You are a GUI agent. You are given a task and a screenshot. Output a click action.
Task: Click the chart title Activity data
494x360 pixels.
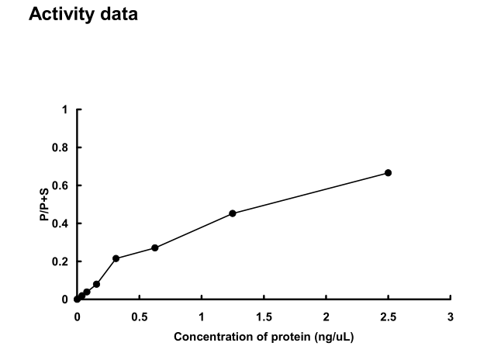point(83,14)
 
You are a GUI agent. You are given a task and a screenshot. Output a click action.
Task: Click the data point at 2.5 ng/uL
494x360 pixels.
point(388,173)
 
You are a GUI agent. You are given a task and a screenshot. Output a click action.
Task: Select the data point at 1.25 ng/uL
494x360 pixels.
point(233,213)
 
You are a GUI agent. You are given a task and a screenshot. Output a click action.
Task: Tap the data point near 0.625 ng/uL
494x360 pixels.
point(155,247)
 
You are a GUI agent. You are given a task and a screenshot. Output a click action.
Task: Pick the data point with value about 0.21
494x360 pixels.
point(116,258)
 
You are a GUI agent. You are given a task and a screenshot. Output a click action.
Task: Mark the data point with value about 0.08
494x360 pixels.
point(96,284)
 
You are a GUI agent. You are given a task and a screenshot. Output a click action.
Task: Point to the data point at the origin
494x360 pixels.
point(77,299)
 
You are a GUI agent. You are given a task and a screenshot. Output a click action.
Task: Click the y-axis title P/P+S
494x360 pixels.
point(44,204)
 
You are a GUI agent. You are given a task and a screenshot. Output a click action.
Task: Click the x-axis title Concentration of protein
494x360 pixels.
point(264,337)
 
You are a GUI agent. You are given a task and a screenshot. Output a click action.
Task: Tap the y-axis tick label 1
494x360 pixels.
point(65,109)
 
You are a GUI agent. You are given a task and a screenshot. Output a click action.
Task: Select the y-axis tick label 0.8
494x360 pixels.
point(61,147)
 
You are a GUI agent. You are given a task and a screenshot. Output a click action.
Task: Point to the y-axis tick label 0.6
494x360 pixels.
point(61,185)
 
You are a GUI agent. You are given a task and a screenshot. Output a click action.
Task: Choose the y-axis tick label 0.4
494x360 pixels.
point(61,223)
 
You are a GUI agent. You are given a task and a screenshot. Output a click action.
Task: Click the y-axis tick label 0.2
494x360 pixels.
point(61,261)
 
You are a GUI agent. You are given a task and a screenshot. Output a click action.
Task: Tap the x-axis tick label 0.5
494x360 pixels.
point(139,317)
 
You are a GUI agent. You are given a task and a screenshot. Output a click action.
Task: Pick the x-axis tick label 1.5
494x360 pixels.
point(264,317)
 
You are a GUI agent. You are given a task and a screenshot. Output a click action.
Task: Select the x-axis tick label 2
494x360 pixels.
point(326,317)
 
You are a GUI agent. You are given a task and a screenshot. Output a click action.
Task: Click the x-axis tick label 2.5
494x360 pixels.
point(388,317)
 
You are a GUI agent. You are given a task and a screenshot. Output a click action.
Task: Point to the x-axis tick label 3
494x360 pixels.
point(451,317)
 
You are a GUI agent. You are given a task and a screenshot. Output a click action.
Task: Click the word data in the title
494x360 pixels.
point(116,14)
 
